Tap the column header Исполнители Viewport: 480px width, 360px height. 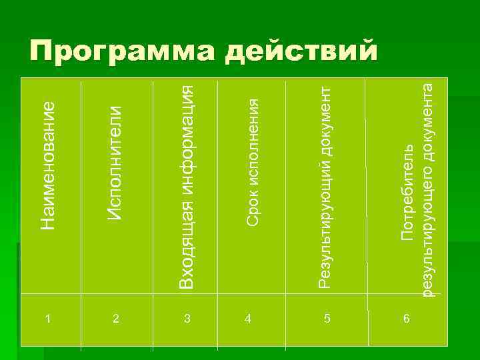(115, 164)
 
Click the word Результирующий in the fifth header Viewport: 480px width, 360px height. (325, 221)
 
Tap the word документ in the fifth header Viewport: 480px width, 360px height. (325, 117)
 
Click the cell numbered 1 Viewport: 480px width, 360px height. (47, 319)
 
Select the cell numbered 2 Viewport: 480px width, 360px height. (116, 319)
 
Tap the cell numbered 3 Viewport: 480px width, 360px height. (187, 319)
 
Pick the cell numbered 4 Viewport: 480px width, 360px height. (248, 319)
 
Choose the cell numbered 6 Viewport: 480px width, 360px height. (406, 319)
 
